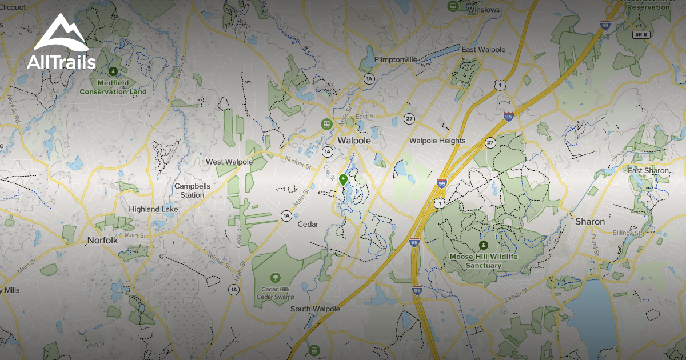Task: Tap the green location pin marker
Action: click(x=343, y=181)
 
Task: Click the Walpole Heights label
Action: click(x=437, y=141)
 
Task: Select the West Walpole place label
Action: click(x=229, y=162)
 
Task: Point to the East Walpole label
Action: click(x=484, y=50)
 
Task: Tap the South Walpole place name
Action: click(x=315, y=309)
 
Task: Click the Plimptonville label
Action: click(x=396, y=59)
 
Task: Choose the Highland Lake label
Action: click(x=153, y=209)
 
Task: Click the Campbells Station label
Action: click(x=193, y=191)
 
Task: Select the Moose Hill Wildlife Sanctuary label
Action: click(x=484, y=261)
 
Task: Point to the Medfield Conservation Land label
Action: click(x=113, y=87)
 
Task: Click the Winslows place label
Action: click(x=484, y=10)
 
